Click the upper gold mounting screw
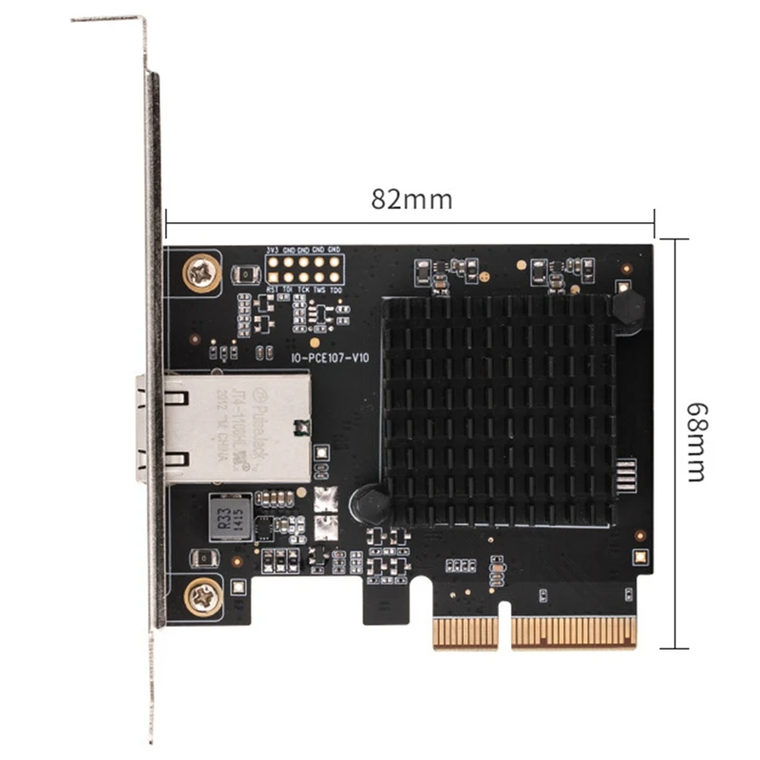tap(200, 274)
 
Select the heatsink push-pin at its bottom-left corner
tap(370, 504)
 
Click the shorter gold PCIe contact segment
tap(465, 633)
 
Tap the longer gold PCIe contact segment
tap(574, 633)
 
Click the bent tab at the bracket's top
tap(109, 19)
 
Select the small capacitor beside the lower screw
tap(202, 559)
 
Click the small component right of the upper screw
tap(245, 275)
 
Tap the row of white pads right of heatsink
tap(625, 474)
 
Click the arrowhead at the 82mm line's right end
tap(652, 224)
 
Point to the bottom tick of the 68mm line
tap(674, 648)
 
